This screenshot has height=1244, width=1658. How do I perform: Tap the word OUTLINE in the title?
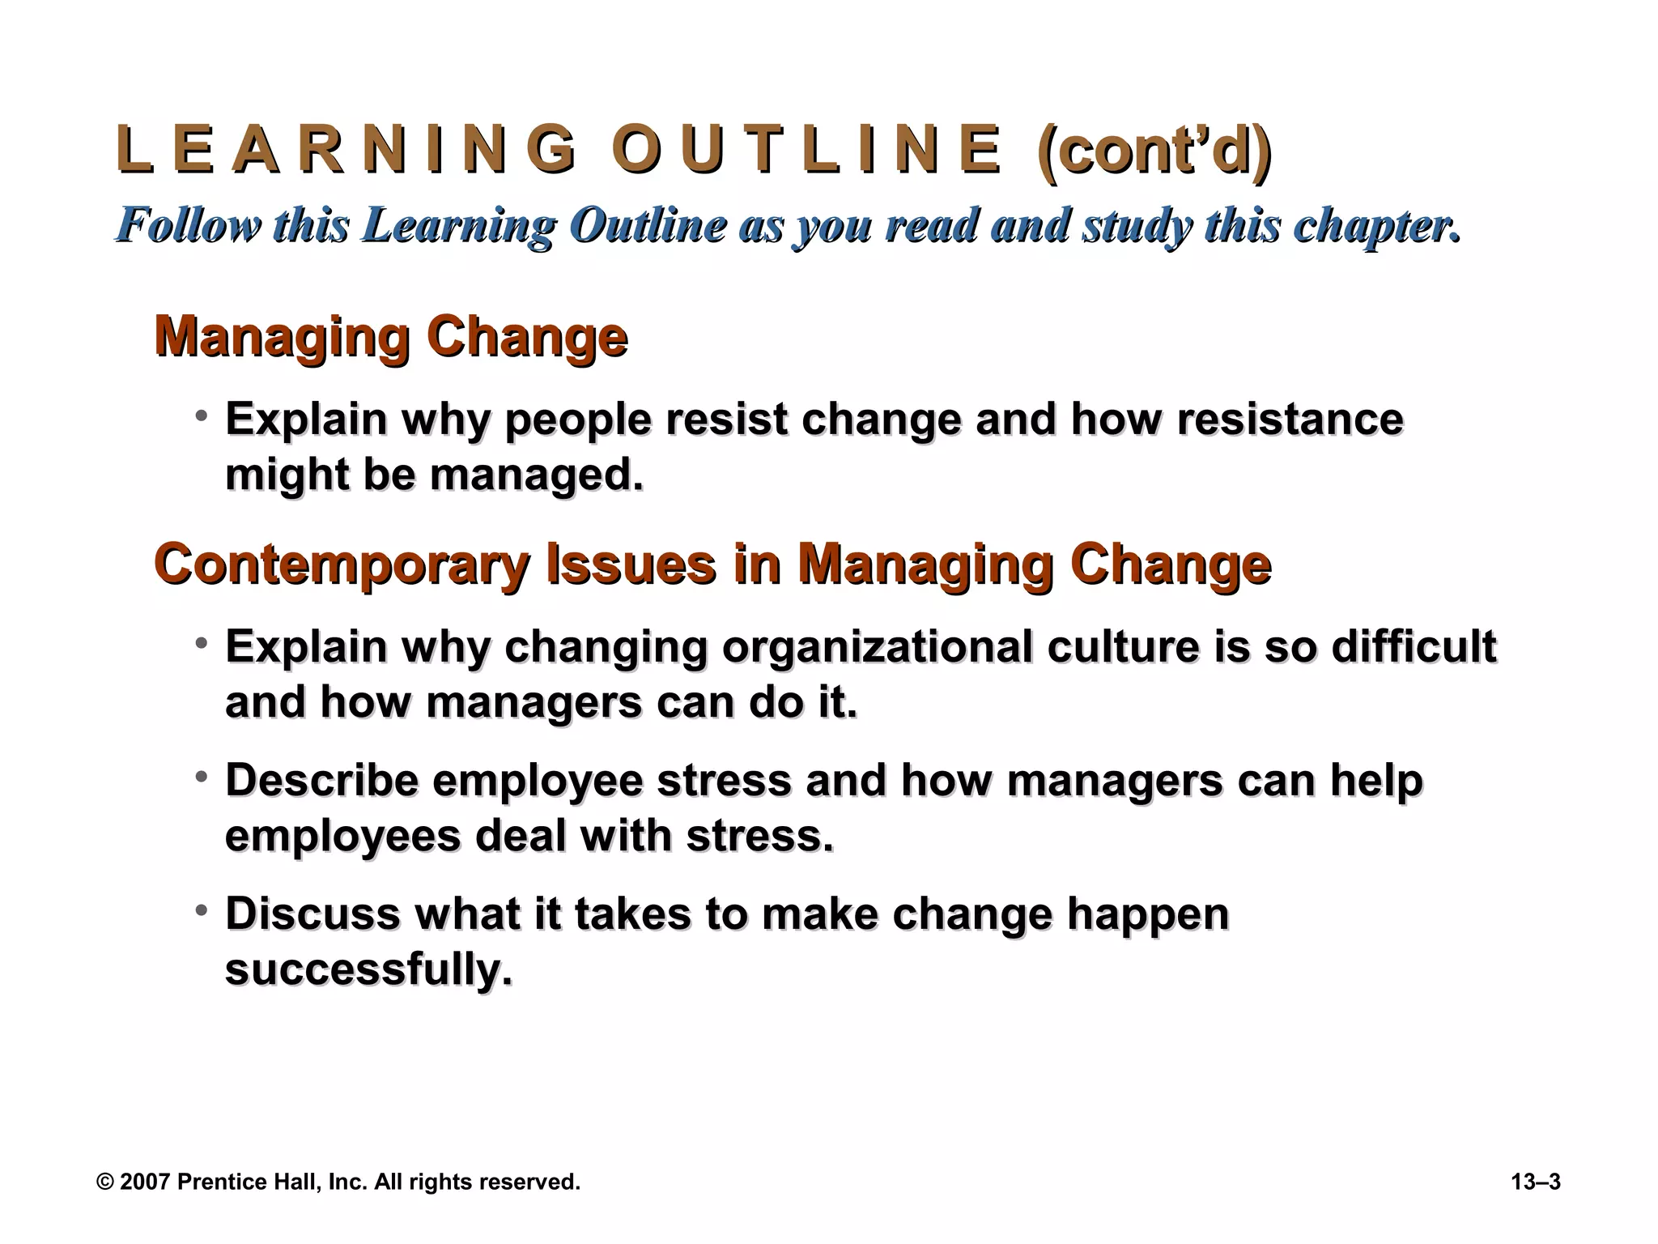click(x=806, y=150)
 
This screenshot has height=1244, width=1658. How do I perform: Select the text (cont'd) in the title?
click(x=1154, y=151)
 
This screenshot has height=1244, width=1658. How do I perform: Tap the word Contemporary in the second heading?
click(x=341, y=564)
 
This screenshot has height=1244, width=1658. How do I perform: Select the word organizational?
click(x=877, y=647)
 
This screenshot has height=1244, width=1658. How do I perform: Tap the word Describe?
click(x=321, y=780)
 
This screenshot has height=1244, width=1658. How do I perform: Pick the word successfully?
click(x=368, y=969)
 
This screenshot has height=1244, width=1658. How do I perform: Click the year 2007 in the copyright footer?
click(x=145, y=1182)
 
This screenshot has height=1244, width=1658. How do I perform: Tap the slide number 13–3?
click(x=1535, y=1182)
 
